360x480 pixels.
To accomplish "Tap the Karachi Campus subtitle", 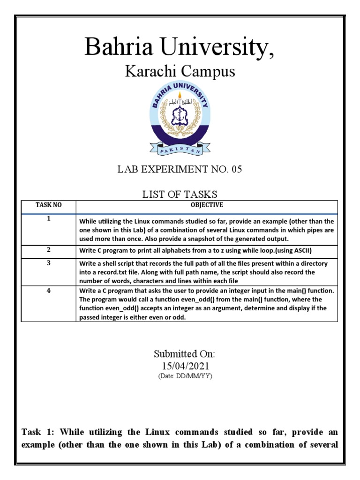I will coord(180,72).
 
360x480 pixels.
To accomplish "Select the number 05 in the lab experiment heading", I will coord(236,170).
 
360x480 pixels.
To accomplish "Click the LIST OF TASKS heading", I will coord(180,194).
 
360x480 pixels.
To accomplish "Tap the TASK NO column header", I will coord(48,205).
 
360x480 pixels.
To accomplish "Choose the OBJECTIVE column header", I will coord(206,205).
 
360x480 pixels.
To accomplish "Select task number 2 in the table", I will coord(48,250).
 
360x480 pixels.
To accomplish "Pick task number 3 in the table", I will coord(48,263).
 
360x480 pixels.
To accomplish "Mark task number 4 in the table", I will coord(48,290).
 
